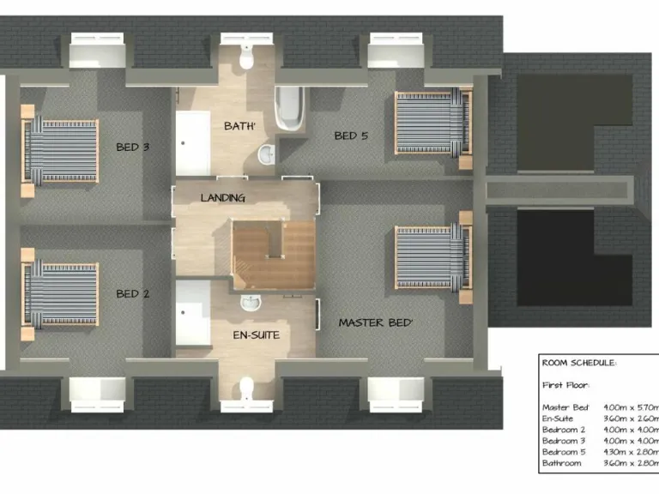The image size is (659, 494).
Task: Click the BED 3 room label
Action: pos(133,147)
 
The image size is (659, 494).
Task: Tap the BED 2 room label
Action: pos(133,293)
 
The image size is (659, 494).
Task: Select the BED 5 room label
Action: pos(351,136)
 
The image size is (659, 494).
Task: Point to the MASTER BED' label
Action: pos(376,323)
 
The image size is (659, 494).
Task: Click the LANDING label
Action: pos(223,198)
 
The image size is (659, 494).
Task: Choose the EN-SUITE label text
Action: pos(257,334)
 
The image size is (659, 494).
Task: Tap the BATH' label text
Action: pos(241,126)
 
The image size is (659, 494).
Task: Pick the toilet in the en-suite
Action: pos(246,387)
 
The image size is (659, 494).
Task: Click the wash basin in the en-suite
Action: pos(249,304)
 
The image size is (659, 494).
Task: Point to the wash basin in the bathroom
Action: pos(267,154)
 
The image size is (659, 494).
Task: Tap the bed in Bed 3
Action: pos(61,151)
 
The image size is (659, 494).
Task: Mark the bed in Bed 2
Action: pos(61,293)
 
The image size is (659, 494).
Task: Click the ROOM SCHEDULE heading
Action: pos(578,363)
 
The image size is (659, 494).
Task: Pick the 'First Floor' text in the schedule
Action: pos(565,385)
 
